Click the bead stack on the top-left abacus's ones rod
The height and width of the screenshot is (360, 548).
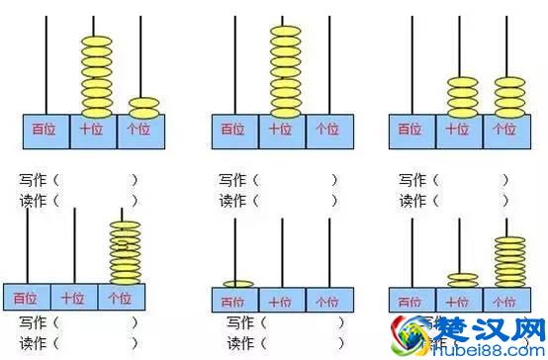pyautogui.click(x=142, y=106)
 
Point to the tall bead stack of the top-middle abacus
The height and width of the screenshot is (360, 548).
pyautogui.click(x=284, y=70)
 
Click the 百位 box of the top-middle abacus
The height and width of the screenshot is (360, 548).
pyautogui.click(x=234, y=130)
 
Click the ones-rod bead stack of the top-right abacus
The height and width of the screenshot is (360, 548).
pyautogui.click(x=508, y=96)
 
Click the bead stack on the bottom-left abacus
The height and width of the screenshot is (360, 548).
pyautogui.click(x=125, y=253)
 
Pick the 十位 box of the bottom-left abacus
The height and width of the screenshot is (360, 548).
pyautogui.click(x=73, y=297)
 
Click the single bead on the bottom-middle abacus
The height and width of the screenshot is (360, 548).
pyautogui.click(x=237, y=285)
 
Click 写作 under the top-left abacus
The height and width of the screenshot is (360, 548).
pyautogui.click(x=34, y=180)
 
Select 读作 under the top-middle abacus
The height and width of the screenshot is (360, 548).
pyautogui.click(x=233, y=201)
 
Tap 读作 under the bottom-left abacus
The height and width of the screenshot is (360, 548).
pyautogui.click(x=34, y=342)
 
